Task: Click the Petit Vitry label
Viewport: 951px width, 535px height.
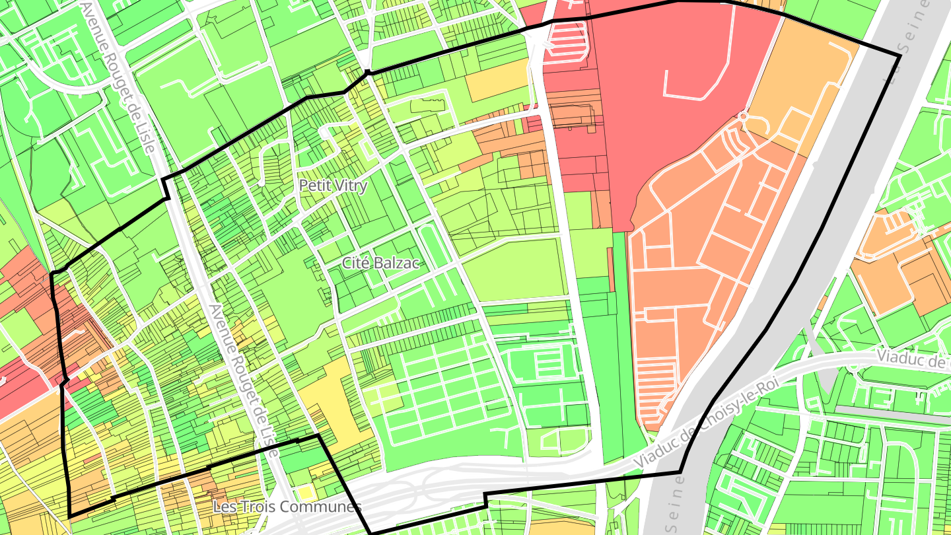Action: [x=333, y=186]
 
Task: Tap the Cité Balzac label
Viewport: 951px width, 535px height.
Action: [x=381, y=262]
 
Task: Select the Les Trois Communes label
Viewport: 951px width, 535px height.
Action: [x=287, y=507]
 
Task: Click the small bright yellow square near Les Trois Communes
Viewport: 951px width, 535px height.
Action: [x=304, y=492]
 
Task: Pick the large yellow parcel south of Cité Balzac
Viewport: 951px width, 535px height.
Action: [x=330, y=403]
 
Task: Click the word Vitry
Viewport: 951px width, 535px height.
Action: [x=351, y=186]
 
